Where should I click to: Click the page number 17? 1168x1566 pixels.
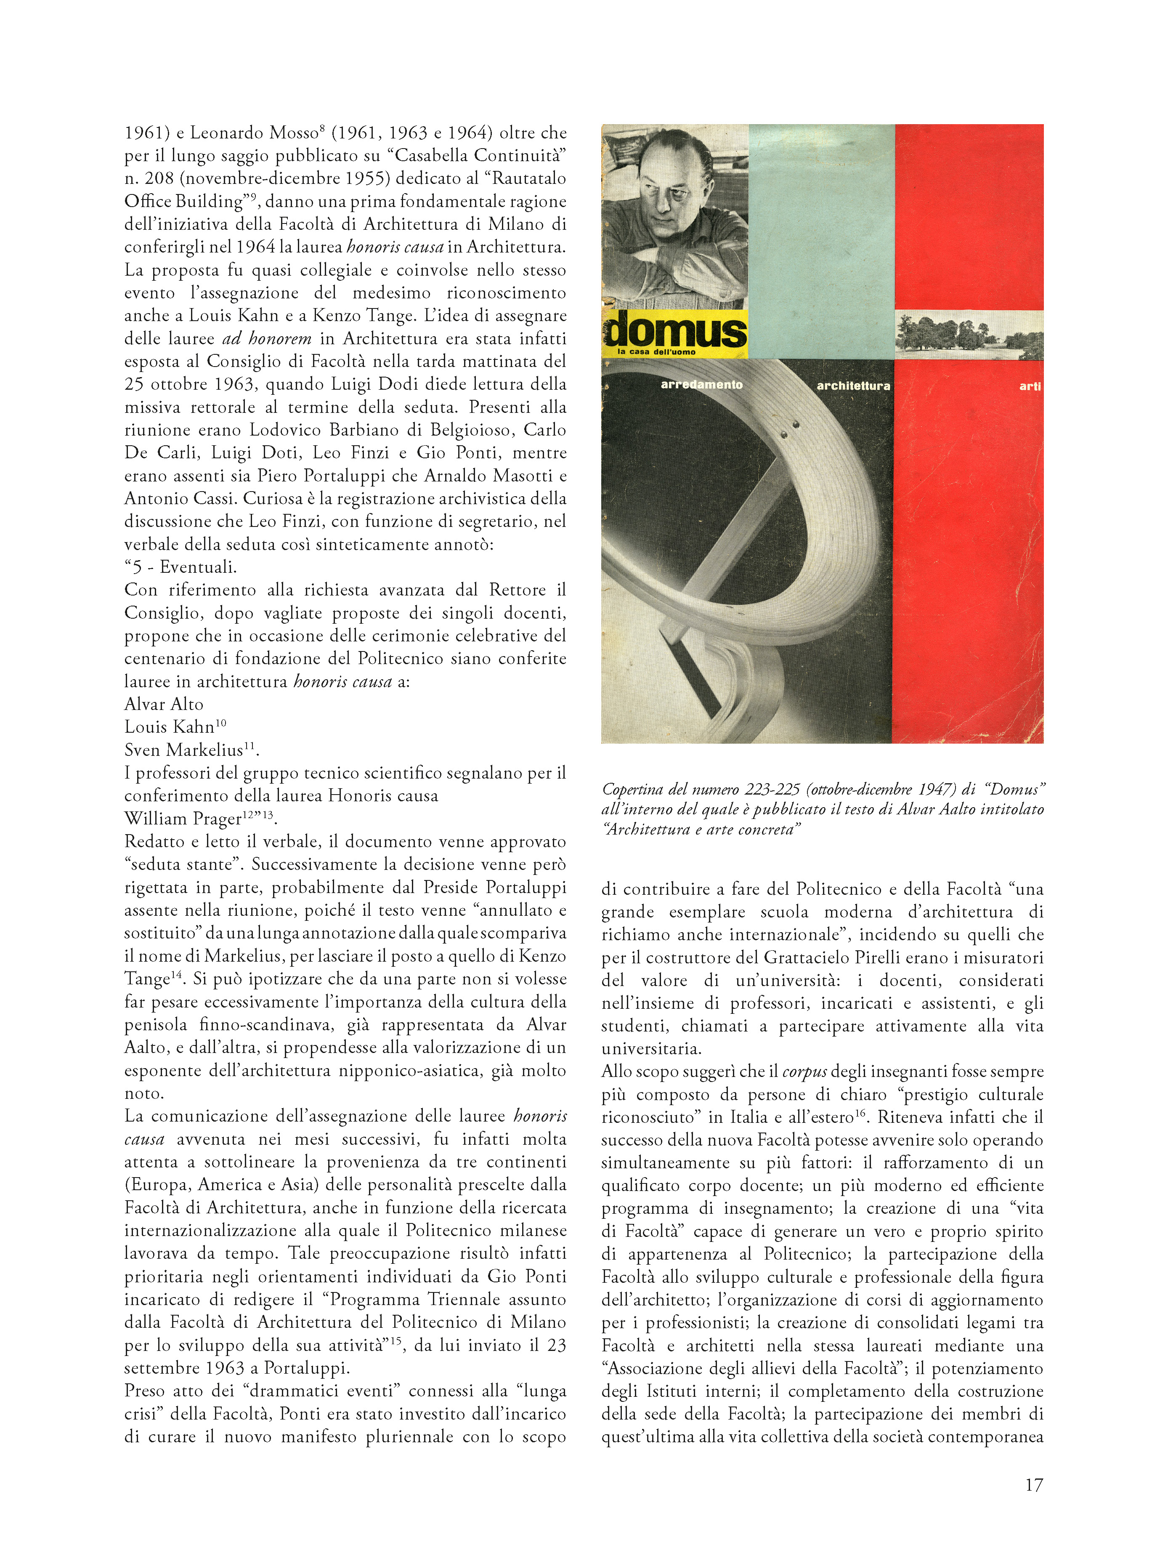pyautogui.click(x=1033, y=1485)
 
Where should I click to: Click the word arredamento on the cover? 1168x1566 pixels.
pyautogui.click(x=701, y=385)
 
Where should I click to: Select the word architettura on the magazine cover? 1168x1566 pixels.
pyautogui.click(x=853, y=386)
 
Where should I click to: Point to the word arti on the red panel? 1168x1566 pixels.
pyautogui.click(x=1030, y=386)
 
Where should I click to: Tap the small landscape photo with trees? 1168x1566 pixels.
pyautogui.click(x=969, y=335)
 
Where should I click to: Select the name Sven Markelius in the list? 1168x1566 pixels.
pyautogui.click(x=183, y=750)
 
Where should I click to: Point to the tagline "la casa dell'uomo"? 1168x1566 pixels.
pyautogui.click(x=656, y=351)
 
